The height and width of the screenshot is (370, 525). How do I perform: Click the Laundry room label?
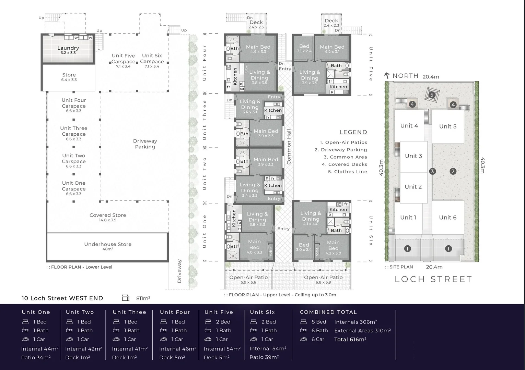coord(68,48)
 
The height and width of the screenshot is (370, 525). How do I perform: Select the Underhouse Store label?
coord(108,245)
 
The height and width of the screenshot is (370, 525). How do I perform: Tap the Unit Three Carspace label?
coord(74,131)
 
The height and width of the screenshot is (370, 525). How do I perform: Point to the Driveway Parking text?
coord(145,144)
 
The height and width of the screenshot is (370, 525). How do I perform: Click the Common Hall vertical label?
coord(289,147)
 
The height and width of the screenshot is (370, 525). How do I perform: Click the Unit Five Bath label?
coord(336,65)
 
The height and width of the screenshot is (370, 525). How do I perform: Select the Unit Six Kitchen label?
coord(338,210)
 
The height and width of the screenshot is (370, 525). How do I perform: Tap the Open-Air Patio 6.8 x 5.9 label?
coord(323,277)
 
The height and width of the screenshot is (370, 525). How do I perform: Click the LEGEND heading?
coord(353,132)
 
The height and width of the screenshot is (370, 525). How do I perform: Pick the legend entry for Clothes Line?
coord(347,172)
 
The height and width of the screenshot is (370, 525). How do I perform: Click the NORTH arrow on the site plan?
coord(387,76)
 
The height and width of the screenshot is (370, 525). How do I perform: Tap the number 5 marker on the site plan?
coord(432,95)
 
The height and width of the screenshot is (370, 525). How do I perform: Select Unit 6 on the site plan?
coord(448,218)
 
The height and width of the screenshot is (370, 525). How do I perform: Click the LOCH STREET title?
coord(433,280)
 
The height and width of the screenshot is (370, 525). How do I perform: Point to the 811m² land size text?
coord(143,298)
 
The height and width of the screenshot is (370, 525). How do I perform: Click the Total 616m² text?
coord(350,340)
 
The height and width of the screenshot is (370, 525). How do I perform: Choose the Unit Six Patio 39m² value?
coord(264,357)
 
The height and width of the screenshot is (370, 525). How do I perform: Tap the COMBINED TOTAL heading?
coord(328,312)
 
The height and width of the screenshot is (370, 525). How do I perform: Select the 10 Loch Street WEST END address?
coord(62,298)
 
